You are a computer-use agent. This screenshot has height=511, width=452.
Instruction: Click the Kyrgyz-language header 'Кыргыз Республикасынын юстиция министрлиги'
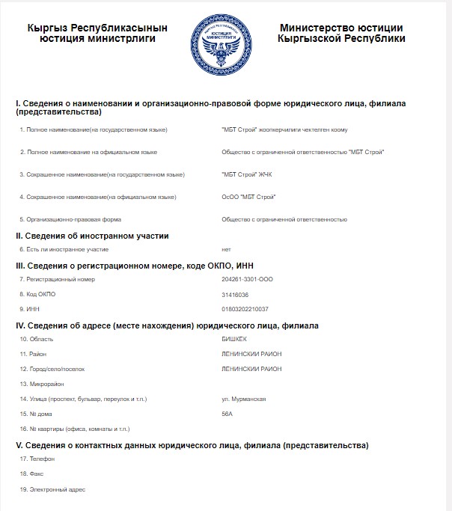[x=97, y=33]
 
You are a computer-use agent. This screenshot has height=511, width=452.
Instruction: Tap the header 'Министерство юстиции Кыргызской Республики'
[x=341, y=33]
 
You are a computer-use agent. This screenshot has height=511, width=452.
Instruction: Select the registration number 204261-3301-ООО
[x=247, y=279]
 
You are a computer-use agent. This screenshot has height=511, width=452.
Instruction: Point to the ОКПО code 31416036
[x=235, y=294]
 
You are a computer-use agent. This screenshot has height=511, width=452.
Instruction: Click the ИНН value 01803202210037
[x=245, y=308]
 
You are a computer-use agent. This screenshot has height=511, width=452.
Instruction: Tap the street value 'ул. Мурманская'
[x=244, y=399]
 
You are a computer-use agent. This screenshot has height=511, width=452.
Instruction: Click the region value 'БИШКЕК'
[x=235, y=339]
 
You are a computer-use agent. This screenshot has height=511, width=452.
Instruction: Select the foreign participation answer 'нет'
[x=227, y=248]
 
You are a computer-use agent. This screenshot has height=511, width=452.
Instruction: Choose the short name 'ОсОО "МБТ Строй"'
[x=248, y=197]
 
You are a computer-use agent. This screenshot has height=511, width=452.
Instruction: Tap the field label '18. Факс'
[x=34, y=474]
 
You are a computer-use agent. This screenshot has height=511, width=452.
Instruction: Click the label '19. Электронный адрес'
[x=53, y=489]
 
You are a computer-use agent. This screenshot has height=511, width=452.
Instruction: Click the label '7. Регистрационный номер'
[x=58, y=279]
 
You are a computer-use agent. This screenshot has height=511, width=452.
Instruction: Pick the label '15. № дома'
[x=39, y=414]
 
